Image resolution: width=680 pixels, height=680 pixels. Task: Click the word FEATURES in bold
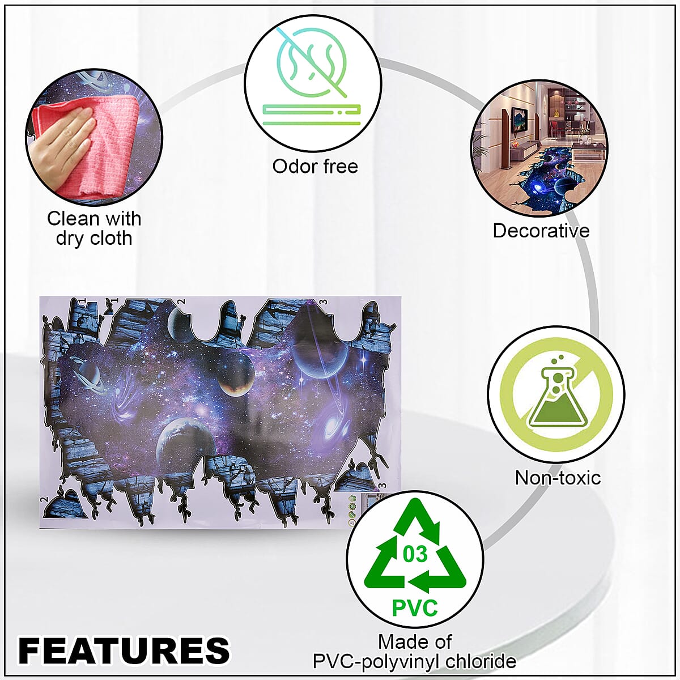click(x=124, y=649)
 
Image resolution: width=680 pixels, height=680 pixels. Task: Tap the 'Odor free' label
click(x=315, y=167)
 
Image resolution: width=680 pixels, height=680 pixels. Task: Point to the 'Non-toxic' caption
click(x=558, y=478)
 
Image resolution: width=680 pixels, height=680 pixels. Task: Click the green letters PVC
click(x=415, y=607)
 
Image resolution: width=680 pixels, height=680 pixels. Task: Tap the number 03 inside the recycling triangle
click(x=415, y=554)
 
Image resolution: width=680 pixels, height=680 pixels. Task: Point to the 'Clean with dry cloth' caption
click(x=94, y=228)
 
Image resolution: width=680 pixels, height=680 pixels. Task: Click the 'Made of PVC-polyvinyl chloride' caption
click(x=415, y=652)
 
